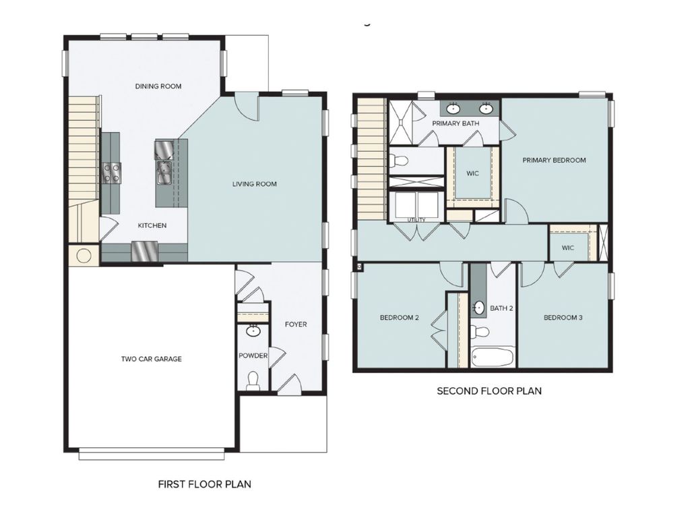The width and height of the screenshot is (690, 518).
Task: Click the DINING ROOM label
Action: (x=158, y=86)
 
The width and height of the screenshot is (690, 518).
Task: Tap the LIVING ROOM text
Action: (x=255, y=184)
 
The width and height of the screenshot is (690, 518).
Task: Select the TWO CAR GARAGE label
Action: (x=151, y=359)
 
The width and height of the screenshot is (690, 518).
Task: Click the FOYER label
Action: (x=295, y=324)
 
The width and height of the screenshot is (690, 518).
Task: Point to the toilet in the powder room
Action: (x=253, y=381)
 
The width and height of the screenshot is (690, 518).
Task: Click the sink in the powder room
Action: (x=253, y=331)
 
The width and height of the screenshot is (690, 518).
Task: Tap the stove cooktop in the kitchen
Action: (x=111, y=173)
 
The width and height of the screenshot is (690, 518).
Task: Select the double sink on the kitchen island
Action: (x=163, y=173)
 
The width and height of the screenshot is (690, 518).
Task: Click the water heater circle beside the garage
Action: (x=84, y=256)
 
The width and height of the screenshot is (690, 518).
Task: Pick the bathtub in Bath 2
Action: (x=493, y=357)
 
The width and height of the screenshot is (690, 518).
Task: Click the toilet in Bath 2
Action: (x=480, y=332)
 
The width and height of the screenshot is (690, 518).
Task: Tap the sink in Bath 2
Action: (x=478, y=308)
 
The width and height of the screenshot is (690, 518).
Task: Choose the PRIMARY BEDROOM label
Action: (x=555, y=161)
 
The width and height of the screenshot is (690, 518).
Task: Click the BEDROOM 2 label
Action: (x=400, y=318)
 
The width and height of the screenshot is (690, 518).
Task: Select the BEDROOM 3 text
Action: (x=563, y=318)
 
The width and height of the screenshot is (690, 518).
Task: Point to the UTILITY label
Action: (x=416, y=220)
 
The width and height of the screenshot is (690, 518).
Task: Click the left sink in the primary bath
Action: (x=453, y=108)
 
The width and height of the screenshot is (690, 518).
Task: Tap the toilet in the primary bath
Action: (x=399, y=161)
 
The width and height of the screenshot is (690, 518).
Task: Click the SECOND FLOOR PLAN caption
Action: (x=489, y=391)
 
